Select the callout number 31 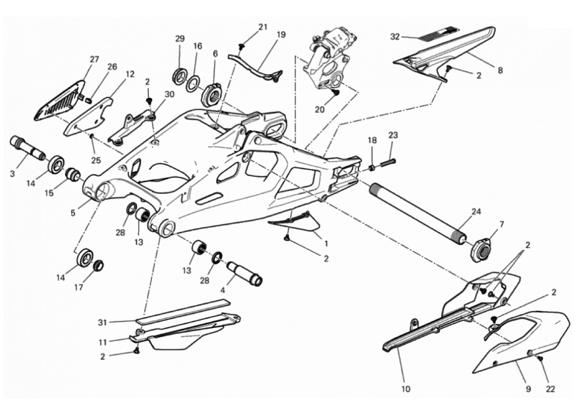click(102, 322)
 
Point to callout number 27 click(95, 59)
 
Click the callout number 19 click(281, 35)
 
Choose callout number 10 click(406, 388)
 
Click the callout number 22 click(550, 388)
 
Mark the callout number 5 click(73, 213)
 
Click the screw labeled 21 click(242, 47)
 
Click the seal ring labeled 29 click(180, 75)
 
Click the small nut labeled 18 click(372, 168)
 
